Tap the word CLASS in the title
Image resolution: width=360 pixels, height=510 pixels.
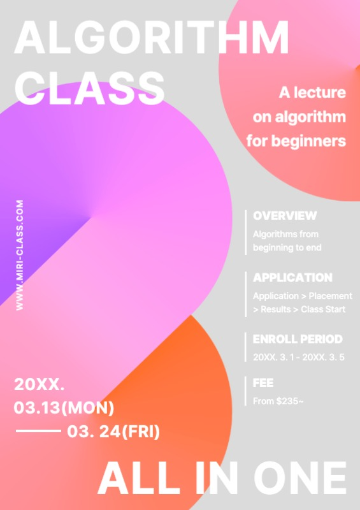point(89,87)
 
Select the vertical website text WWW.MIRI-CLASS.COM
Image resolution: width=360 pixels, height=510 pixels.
point(20,256)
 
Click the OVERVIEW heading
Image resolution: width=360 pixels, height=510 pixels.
point(285,215)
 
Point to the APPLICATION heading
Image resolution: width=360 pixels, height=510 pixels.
point(292,278)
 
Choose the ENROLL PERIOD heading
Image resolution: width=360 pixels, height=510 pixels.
point(298,339)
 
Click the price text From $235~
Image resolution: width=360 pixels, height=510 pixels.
point(278,401)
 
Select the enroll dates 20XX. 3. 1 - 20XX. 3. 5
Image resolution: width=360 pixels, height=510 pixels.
point(299,357)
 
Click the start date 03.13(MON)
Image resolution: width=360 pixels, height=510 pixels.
point(64,407)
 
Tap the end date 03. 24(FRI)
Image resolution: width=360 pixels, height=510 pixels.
point(113,432)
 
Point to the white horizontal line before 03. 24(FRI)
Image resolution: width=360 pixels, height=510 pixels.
point(38,432)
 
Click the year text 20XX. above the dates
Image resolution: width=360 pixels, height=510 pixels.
point(40,384)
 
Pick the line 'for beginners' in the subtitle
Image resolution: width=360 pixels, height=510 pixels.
point(296,140)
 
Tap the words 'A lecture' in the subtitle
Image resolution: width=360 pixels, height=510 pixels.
point(312,93)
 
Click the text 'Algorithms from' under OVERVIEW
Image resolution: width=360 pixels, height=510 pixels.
point(285,234)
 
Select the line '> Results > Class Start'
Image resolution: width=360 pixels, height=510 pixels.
point(299,309)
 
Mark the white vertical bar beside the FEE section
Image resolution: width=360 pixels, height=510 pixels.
point(246,391)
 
